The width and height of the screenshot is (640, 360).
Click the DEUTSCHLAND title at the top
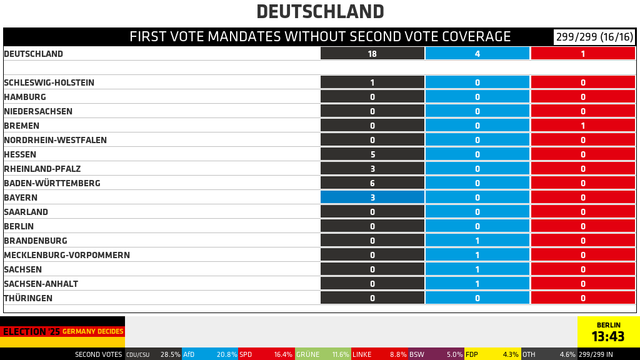(320, 12)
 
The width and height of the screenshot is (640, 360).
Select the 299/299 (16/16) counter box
(594, 37)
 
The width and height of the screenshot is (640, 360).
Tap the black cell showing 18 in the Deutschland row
(372, 54)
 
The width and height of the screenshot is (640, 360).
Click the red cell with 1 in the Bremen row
(583, 126)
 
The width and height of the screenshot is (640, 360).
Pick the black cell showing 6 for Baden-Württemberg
(372, 184)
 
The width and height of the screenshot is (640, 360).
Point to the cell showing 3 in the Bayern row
(372, 198)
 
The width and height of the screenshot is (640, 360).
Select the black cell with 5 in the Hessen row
(372, 155)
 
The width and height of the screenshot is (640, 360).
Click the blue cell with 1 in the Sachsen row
(477, 270)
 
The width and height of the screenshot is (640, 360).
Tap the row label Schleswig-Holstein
(51, 83)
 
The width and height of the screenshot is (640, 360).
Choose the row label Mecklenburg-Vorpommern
(67, 255)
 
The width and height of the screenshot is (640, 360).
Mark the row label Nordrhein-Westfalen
(55, 141)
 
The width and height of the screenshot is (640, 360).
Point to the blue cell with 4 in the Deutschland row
(477, 54)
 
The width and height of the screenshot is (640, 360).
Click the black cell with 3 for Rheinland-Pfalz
(372, 169)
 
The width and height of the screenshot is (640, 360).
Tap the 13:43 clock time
(608, 337)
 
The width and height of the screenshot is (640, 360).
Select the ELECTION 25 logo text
(31, 330)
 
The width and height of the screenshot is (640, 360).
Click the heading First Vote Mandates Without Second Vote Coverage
(320, 37)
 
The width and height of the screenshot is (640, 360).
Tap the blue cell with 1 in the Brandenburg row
(477, 241)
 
